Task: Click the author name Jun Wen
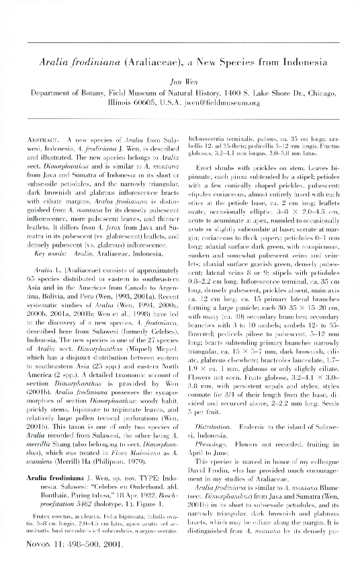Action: tap(179, 80)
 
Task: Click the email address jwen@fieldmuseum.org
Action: tap(228, 104)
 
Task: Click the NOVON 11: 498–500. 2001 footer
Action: tap(77, 544)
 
